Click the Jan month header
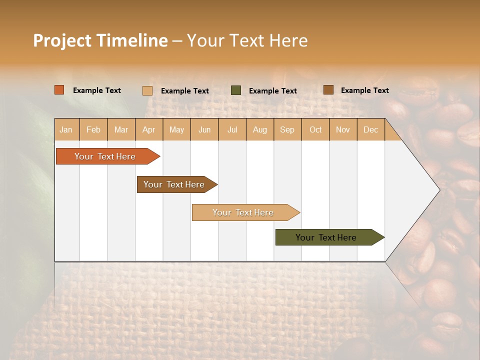tap(66, 129)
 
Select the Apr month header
tap(148, 129)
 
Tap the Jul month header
tap(232, 129)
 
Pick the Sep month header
tap(287, 129)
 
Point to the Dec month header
tap(370, 129)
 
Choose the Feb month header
tap(93, 129)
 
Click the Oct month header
tap(315, 129)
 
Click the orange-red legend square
tap(59, 90)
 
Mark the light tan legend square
tap(147, 90)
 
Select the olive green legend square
tap(236, 90)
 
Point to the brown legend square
tap(328, 90)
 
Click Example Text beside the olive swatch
tap(272, 91)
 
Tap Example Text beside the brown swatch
tap(364, 90)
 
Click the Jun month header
tap(204, 129)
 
